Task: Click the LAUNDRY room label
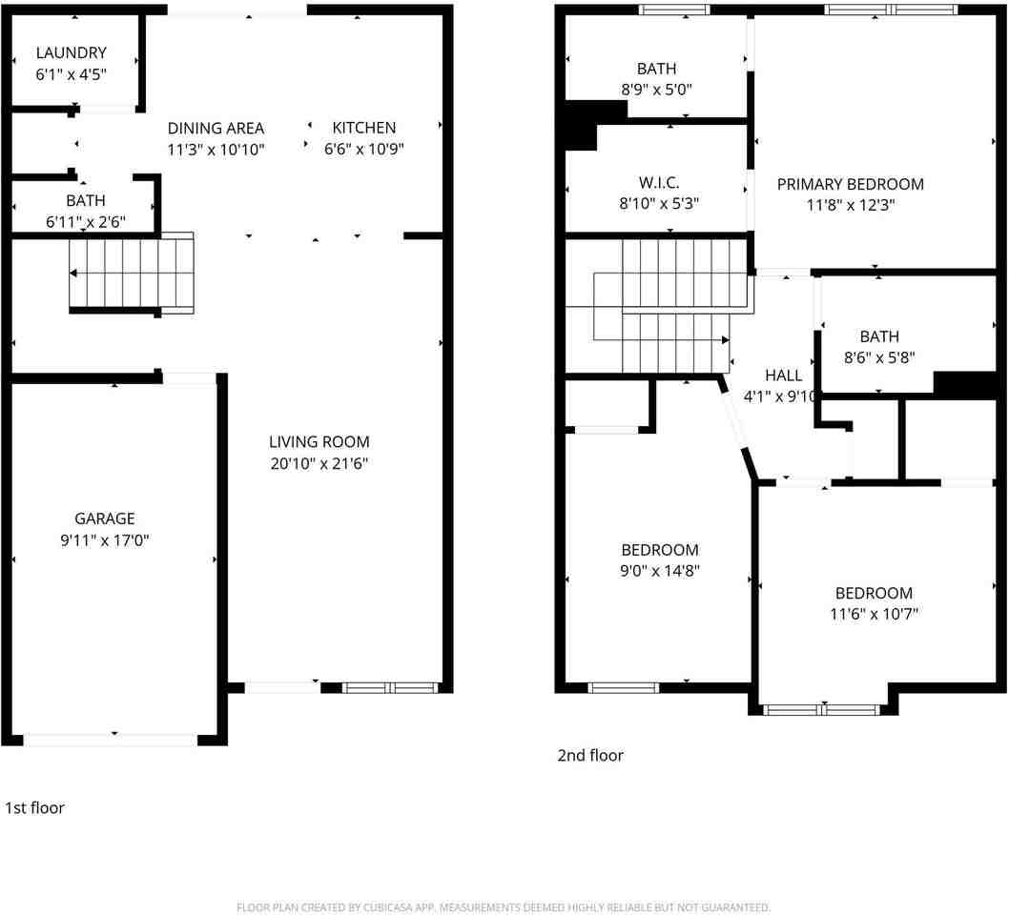(72, 53)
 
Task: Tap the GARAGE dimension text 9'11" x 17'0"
(105, 540)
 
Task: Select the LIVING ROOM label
(319, 442)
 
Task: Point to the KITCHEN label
(363, 128)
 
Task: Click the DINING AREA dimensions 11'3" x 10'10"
(216, 150)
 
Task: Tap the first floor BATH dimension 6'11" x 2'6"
(86, 222)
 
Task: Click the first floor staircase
(132, 274)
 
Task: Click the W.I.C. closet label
(659, 181)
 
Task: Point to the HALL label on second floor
(783, 376)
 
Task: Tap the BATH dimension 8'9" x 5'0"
(656, 90)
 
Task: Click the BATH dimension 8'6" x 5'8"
(878, 357)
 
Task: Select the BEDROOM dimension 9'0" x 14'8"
(660, 571)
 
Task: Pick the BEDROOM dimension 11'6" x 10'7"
(874, 614)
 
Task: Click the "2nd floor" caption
(590, 756)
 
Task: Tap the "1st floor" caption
(35, 808)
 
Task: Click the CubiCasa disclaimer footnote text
(504, 907)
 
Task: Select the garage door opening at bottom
(111, 739)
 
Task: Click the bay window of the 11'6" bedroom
(822, 709)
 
